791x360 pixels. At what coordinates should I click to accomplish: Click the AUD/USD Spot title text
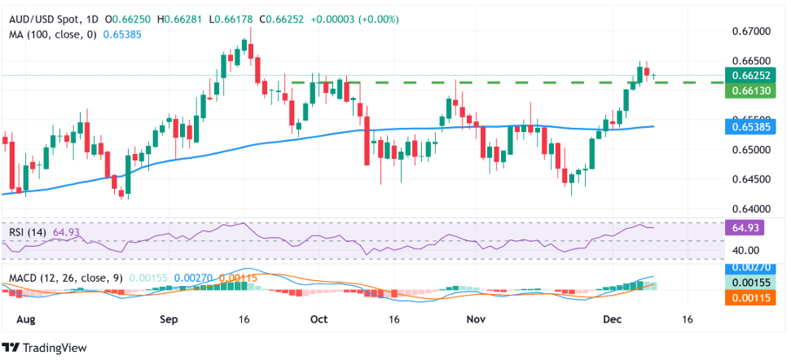coord(40,9)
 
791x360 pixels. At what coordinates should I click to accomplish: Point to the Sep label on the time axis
coord(168,319)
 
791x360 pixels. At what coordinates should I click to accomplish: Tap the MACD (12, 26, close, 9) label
coord(64,278)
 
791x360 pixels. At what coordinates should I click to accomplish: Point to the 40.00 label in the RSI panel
coord(746,250)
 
